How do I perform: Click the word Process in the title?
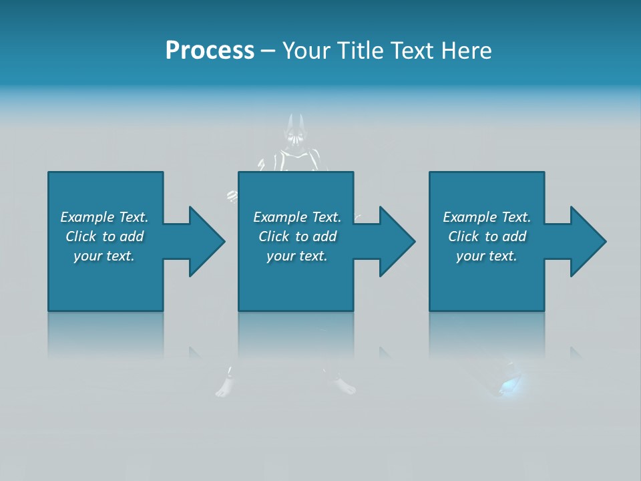[x=210, y=51]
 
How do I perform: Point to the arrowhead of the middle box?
[x=396, y=241]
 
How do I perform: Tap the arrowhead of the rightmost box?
[x=587, y=241]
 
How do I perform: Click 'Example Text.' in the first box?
[x=104, y=217]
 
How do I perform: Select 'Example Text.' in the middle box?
[x=297, y=217]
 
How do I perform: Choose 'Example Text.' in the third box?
[x=487, y=217]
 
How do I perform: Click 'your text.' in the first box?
[x=104, y=256]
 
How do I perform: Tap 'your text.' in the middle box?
[x=297, y=256]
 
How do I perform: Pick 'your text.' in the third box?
[x=487, y=256]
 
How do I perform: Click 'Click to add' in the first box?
[x=104, y=236]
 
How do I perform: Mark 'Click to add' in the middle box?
[x=297, y=236]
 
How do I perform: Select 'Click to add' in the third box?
[x=487, y=236]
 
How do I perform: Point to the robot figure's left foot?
[x=224, y=387]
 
